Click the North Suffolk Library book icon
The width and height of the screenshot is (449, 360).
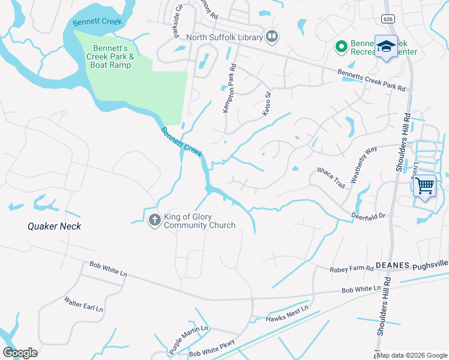(x=272, y=37)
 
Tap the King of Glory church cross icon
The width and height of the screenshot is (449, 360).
(x=154, y=220)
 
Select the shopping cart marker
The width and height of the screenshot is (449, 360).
(x=425, y=186)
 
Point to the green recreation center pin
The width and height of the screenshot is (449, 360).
(x=341, y=46)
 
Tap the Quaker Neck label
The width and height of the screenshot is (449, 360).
(x=54, y=226)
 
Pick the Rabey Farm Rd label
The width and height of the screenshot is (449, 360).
(x=352, y=270)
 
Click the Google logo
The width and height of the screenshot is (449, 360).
(x=20, y=352)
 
